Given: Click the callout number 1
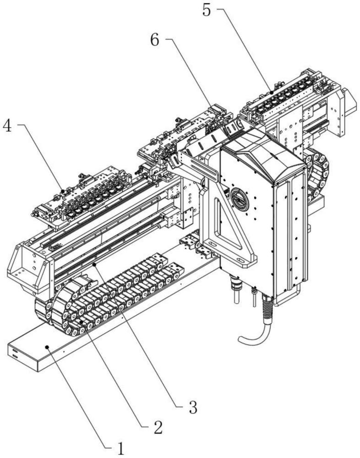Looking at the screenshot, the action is coord(120,448).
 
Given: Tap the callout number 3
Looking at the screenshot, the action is coord(193,407).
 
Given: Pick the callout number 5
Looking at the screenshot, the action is coord(207,10).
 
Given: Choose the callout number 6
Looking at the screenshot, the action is coord(155,40).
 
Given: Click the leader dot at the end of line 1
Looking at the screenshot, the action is coord(47,347).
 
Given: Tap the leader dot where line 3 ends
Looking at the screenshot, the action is coord(94,264).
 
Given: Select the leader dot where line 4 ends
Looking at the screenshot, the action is coord(63,191).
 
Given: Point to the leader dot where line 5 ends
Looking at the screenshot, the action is coord(272,93).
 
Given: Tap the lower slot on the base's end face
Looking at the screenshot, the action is coord(14,356).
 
